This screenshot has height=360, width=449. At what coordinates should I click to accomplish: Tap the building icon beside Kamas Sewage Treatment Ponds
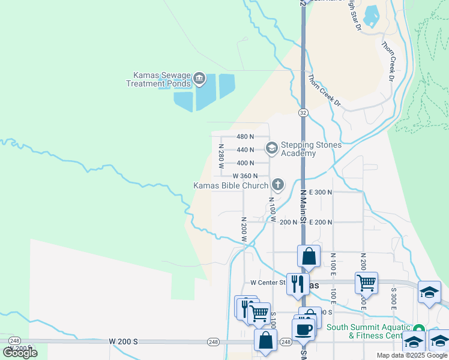[199, 79]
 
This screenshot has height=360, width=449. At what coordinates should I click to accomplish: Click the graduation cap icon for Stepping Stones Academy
[271, 147]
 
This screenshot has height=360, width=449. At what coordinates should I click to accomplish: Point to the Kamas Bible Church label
[231, 185]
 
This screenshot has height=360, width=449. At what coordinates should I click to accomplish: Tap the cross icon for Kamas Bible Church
[277, 184]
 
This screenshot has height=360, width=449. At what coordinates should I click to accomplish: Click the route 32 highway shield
[303, 112]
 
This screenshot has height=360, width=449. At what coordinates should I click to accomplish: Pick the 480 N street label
[246, 137]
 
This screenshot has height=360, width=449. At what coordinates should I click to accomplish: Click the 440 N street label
[246, 149]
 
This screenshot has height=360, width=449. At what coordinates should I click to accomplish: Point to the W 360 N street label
[246, 176]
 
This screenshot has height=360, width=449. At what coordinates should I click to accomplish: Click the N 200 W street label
[244, 229]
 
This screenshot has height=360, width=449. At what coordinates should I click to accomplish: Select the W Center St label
[268, 283]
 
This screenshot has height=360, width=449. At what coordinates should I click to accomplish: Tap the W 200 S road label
[124, 341]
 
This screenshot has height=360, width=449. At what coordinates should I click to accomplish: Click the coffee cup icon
[303, 329]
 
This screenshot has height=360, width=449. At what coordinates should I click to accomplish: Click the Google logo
[20, 352]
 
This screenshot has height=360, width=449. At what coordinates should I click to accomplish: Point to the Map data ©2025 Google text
[412, 355]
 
